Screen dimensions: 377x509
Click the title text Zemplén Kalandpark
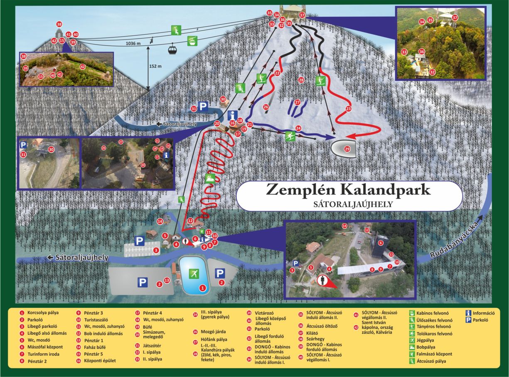(x=348, y=190)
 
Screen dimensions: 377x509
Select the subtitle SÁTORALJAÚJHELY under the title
(x=349, y=204)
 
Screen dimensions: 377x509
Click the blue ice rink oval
(x=194, y=275)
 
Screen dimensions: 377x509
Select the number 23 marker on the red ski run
(x=349, y=109)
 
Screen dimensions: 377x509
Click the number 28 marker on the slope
(x=301, y=80)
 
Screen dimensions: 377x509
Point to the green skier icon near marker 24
(x=290, y=135)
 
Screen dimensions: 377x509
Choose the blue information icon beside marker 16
(x=233, y=115)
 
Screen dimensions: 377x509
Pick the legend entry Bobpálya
(x=426, y=347)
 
